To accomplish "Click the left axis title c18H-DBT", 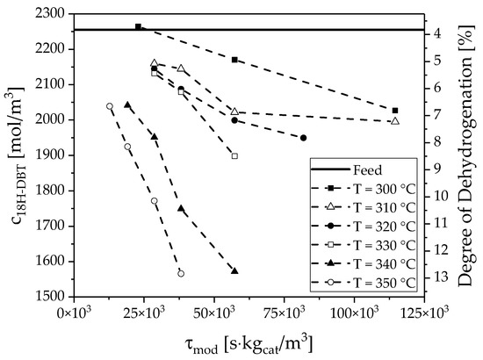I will [15, 155].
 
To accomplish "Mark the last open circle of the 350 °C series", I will [181, 273].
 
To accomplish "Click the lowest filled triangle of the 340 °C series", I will [234, 270].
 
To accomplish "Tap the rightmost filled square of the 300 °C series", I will [396, 111].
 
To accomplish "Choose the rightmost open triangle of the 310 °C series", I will [395, 121].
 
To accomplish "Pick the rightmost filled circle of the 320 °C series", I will [303, 138].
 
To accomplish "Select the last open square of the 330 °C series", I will [234, 155].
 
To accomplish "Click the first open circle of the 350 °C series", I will [110, 106].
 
